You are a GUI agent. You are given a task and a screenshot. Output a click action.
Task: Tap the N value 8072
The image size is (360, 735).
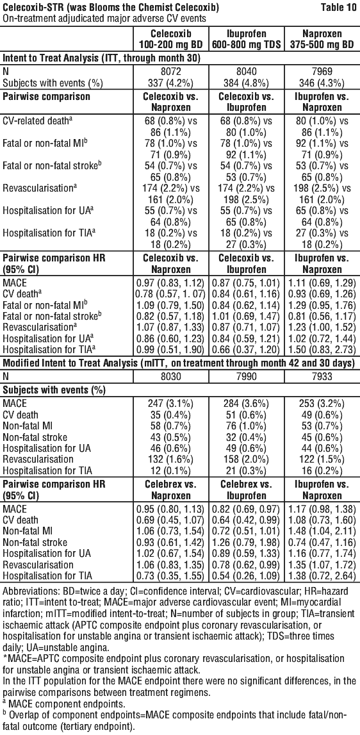point(169,74)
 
